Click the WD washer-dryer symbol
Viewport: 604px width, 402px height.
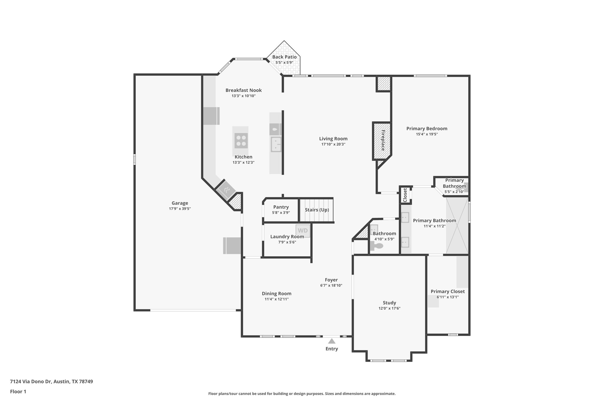click(x=303, y=231)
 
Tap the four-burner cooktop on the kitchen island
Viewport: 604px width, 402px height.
click(x=241, y=140)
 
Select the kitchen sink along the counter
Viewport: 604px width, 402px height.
click(x=276, y=144)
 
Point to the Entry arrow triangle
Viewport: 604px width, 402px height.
click(x=332, y=341)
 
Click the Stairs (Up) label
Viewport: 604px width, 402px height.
click(x=317, y=210)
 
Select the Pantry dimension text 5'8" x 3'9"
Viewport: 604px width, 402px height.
click(x=281, y=212)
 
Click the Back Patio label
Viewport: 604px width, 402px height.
click(x=284, y=57)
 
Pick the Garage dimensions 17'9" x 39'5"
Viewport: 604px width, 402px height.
click(x=180, y=209)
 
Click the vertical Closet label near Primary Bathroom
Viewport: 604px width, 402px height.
click(x=405, y=195)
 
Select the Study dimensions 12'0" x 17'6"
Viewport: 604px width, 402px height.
click(x=389, y=308)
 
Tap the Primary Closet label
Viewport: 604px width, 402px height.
click(x=447, y=291)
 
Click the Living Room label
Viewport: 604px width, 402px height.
click(x=333, y=138)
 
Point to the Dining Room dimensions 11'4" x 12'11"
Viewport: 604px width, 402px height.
click(x=276, y=299)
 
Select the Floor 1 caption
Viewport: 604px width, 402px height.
click(x=18, y=391)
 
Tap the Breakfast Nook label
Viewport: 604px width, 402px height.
click(x=244, y=90)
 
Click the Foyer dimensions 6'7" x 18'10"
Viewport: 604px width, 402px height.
click(x=331, y=285)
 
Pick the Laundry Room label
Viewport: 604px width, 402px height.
click(x=287, y=236)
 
